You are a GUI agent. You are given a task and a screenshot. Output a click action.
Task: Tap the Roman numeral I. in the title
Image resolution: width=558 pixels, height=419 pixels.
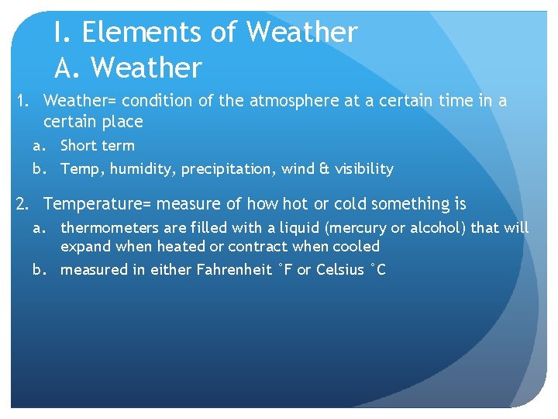62,33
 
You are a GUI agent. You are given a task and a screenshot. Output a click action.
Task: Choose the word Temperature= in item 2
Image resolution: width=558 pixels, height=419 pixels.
98,204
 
